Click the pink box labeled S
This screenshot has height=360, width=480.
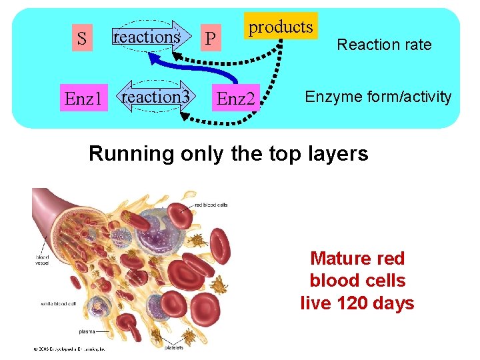(81, 39)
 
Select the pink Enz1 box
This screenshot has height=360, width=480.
(83, 99)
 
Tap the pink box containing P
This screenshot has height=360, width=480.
(210, 39)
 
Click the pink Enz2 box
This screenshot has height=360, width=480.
(237, 99)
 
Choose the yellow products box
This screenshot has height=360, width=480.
(281, 27)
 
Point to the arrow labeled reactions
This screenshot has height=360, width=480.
(147, 37)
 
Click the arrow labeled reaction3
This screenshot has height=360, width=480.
(155, 97)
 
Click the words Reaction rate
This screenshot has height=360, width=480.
(384, 45)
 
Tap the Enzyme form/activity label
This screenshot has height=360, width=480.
(378, 97)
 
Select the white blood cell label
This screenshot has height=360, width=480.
(54, 304)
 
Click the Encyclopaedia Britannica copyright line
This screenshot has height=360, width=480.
(67, 348)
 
